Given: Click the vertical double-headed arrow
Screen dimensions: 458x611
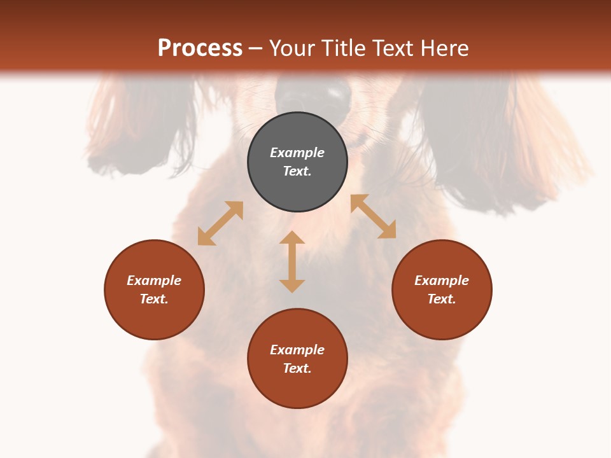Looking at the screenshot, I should pyautogui.click(x=292, y=262).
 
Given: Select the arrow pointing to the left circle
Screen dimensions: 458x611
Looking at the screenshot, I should pyautogui.click(x=220, y=223).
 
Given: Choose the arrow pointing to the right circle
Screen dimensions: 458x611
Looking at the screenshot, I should pyautogui.click(x=374, y=216).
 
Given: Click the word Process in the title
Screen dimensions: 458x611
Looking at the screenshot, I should pyautogui.click(x=200, y=48).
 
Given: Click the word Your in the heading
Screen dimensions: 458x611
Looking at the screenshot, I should pyautogui.click(x=293, y=48).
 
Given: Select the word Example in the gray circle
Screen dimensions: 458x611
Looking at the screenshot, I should pyautogui.click(x=297, y=153).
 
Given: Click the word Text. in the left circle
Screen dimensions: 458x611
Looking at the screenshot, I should pyautogui.click(x=154, y=299).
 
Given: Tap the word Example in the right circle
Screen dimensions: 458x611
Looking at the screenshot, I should pyautogui.click(x=442, y=281).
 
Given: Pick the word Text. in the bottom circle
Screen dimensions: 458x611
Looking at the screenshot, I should pyautogui.click(x=297, y=368).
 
